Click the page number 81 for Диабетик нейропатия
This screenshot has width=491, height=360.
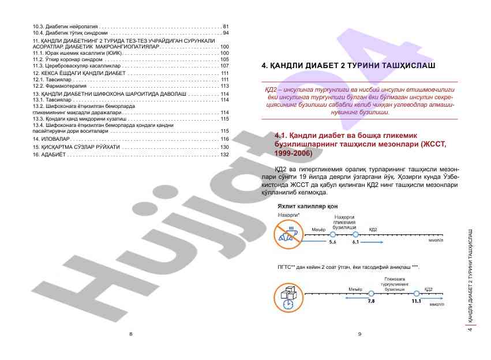click(226, 27)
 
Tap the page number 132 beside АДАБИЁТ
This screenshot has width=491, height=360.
click(224, 155)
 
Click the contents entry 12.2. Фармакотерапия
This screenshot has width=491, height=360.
click(58, 86)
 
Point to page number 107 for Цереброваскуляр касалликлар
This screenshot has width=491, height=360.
click(224, 66)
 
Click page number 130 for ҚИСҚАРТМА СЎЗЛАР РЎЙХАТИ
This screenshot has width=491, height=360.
click(224, 147)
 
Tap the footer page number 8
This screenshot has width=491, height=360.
click(131, 334)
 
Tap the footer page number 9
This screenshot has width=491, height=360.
click(359, 334)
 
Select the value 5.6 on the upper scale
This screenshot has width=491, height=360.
click(332, 242)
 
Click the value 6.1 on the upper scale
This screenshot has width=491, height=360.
click(355, 242)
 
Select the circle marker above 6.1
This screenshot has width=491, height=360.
click(355, 235)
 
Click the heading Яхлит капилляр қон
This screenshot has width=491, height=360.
click(307, 205)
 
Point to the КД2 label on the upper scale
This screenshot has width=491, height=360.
click(373, 230)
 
